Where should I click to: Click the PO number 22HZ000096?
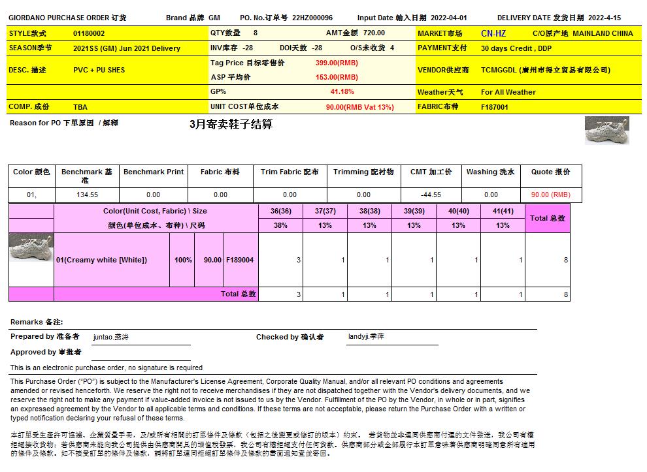tap(312, 18)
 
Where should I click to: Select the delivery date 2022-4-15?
tap(605, 18)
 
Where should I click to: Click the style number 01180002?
tap(89, 33)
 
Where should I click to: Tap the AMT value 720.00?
tap(374, 33)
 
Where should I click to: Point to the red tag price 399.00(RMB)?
tap(337, 63)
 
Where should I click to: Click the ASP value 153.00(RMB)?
tap(337, 77)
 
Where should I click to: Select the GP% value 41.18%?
tap(342, 92)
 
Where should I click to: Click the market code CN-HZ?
tap(493, 33)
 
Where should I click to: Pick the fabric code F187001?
tap(494, 107)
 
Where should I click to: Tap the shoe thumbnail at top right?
tap(606, 131)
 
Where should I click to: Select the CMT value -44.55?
tap(431, 195)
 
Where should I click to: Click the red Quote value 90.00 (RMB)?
tap(550, 195)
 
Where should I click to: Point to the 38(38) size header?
tap(369, 211)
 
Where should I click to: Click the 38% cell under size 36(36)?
tap(280, 225)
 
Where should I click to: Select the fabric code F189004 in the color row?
tap(240, 260)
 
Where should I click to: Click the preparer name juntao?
tap(110, 338)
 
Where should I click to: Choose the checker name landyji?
tap(366, 337)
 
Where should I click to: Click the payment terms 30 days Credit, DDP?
tap(516, 48)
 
